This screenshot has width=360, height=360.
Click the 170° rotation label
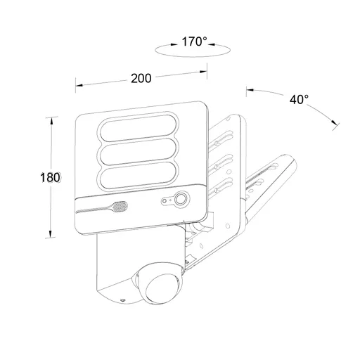tap(194, 41)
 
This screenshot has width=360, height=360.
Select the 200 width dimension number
tap(141, 78)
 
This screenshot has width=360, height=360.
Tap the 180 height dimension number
tap(50, 178)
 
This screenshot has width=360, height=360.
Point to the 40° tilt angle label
tap(299, 100)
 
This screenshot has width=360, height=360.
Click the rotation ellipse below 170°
tap(193, 56)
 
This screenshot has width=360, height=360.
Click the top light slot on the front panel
tap(139, 128)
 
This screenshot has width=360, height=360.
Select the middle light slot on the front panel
tap(139, 151)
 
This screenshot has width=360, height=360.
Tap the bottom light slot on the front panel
tap(139, 174)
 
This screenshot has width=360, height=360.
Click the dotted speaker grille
tap(120, 207)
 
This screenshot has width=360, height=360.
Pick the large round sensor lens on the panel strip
tap(180, 199)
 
